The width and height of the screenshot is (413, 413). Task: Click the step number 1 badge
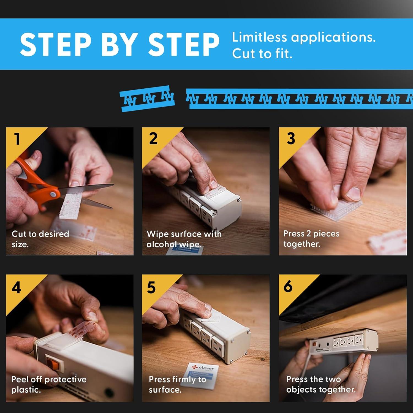click(17, 139)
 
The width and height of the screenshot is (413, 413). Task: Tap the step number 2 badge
click(153, 138)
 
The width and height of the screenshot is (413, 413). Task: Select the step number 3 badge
click(291, 138)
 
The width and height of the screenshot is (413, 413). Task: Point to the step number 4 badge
click(17, 287)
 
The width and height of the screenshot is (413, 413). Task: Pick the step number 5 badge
click(151, 287)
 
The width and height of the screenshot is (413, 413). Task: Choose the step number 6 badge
click(288, 286)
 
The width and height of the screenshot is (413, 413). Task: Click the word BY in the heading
click(119, 44)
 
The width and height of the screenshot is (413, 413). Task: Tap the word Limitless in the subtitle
click(260, 37)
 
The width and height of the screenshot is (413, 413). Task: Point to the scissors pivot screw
click(52, 194)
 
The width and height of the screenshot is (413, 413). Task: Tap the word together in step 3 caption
click(302, 244)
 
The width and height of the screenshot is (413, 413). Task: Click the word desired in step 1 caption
click(54, 234)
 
